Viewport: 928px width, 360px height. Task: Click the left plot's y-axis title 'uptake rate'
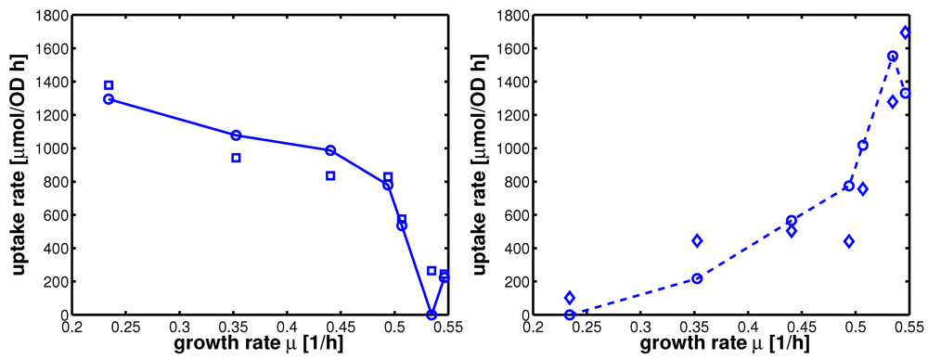pyautogui.click(x=18, y=165)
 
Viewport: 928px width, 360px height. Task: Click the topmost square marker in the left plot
pyautogui.click(x=109, y=85)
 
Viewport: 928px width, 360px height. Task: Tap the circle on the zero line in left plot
pyautogui.click(x=432, y=315)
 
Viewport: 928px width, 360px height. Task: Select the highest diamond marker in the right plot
pyautogui.click(x=906, y=32)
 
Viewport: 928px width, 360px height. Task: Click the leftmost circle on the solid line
pyautogui.click(x=109, y=99)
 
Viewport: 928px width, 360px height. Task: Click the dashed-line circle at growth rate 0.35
pyautogui.click(x=697, y=278)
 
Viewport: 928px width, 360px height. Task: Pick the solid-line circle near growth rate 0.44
pyautogui.click(x=330, y=150)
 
